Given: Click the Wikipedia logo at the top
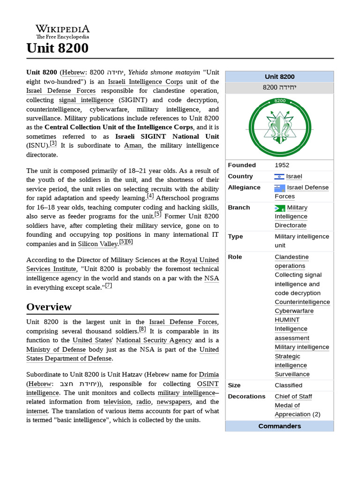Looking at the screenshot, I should [x=62, y=31].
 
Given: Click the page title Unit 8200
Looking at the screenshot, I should [x=57, y=48].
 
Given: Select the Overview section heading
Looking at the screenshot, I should [x=49, y=307].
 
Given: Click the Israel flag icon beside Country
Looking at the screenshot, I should [x=279, y=177].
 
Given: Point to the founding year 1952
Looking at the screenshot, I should [x=282, y=165].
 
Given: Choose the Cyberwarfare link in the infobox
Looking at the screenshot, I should [x=294, y=311].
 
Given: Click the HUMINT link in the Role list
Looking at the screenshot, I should [x=287, y=320].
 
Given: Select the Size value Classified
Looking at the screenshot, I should [x=288, y=385].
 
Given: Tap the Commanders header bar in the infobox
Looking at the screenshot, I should [x=279, y=426].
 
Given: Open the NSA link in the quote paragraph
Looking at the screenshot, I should [x=211, y=278].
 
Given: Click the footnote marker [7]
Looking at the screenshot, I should [x=108, y=285].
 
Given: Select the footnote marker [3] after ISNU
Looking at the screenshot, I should [x=53, y=143].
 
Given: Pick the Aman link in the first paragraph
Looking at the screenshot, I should [x=133, y=145].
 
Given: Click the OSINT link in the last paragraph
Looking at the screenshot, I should [x=207, y=383].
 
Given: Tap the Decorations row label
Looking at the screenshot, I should [x=247, y=397].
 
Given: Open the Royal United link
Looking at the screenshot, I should [x=199, y=260].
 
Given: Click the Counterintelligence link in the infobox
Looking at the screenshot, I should [x=302, y=302].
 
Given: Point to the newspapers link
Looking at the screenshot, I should [x=173, y=402].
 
